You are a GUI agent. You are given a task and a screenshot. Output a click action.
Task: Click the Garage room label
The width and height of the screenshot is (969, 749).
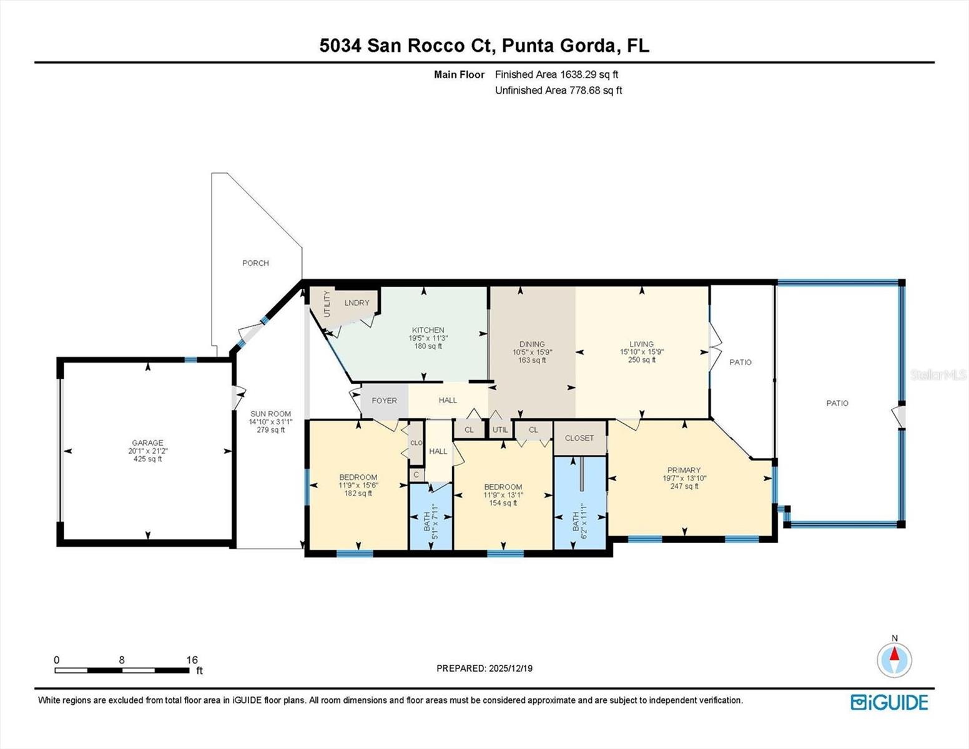tap(147, 443)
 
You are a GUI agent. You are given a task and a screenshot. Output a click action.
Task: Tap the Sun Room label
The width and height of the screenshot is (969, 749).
tap(270, 414)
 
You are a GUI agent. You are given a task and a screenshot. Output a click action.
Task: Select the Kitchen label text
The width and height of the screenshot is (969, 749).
tap(428, 330)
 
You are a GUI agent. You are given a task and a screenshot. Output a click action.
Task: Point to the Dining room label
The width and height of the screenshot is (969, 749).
tap(532, 344)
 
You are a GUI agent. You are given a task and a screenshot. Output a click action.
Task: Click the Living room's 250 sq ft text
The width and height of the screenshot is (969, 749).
tap(641, 360)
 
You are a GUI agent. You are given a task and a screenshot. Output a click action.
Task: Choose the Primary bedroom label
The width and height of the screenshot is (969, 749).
tap(684, 470)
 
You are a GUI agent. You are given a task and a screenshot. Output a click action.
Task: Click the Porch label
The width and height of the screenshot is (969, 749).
tap(255, 263)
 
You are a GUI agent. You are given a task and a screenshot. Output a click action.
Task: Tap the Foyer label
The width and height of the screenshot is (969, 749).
tap(384, 401)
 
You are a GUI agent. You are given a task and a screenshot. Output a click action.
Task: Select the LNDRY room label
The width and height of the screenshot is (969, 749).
tap(357, 303)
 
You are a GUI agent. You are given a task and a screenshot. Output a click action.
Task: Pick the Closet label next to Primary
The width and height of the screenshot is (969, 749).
tap(579, 438)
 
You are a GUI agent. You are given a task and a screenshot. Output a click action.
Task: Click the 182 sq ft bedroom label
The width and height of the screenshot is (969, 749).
tap(358, 493)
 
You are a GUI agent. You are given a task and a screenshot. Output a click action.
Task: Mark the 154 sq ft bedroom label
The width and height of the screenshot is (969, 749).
tap(503, 503)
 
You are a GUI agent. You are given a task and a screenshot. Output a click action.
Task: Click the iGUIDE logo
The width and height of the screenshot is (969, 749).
tap(889, 702)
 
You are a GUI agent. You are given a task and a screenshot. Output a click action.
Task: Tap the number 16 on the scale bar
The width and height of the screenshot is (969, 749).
tap(192, 660)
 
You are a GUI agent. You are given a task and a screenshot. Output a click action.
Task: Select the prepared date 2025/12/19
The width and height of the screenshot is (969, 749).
tap(510, 668)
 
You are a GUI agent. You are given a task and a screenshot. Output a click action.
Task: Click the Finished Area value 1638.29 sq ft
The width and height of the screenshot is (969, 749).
tap(589, 74)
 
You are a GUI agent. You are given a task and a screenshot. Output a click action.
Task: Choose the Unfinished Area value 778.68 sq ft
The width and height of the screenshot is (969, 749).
tap(596, 91)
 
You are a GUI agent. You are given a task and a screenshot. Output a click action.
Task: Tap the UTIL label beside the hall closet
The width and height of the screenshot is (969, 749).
tap(500, 429)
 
